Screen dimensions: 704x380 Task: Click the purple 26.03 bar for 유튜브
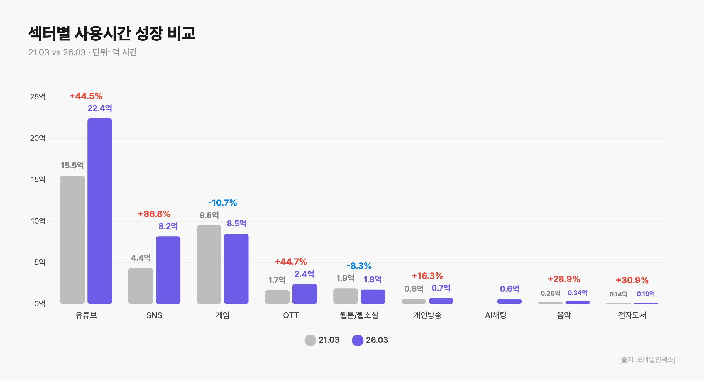pos(100,211)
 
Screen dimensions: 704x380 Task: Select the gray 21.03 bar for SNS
pos(141,286)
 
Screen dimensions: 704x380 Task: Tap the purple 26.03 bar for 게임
pos(236,269)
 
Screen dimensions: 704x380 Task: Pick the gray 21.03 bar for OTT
pos(277,297)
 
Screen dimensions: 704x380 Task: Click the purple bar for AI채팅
pos(509,301)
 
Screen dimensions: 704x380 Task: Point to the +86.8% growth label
pos(154,214)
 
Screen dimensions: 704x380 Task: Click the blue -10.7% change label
pos(222,203)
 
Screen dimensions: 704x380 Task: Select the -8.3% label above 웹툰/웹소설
pos(359,266)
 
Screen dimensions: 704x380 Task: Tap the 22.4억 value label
pos(100,108)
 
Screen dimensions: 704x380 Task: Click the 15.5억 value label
pos(72,165)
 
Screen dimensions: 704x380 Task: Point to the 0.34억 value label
pos(577,293)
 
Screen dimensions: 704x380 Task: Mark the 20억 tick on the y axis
pos(38,138)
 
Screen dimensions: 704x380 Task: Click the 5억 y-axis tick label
pos(40,262)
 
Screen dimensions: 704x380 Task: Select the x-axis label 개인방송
pos(427,315)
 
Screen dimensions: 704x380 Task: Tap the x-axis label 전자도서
pos(632,315)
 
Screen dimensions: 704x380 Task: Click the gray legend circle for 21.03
pos(310,340)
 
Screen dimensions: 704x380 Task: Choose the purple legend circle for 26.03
pos(358,340)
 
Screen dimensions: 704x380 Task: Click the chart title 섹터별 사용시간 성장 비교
pos(112,33)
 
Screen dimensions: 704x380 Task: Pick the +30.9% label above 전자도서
pos(632,280)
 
